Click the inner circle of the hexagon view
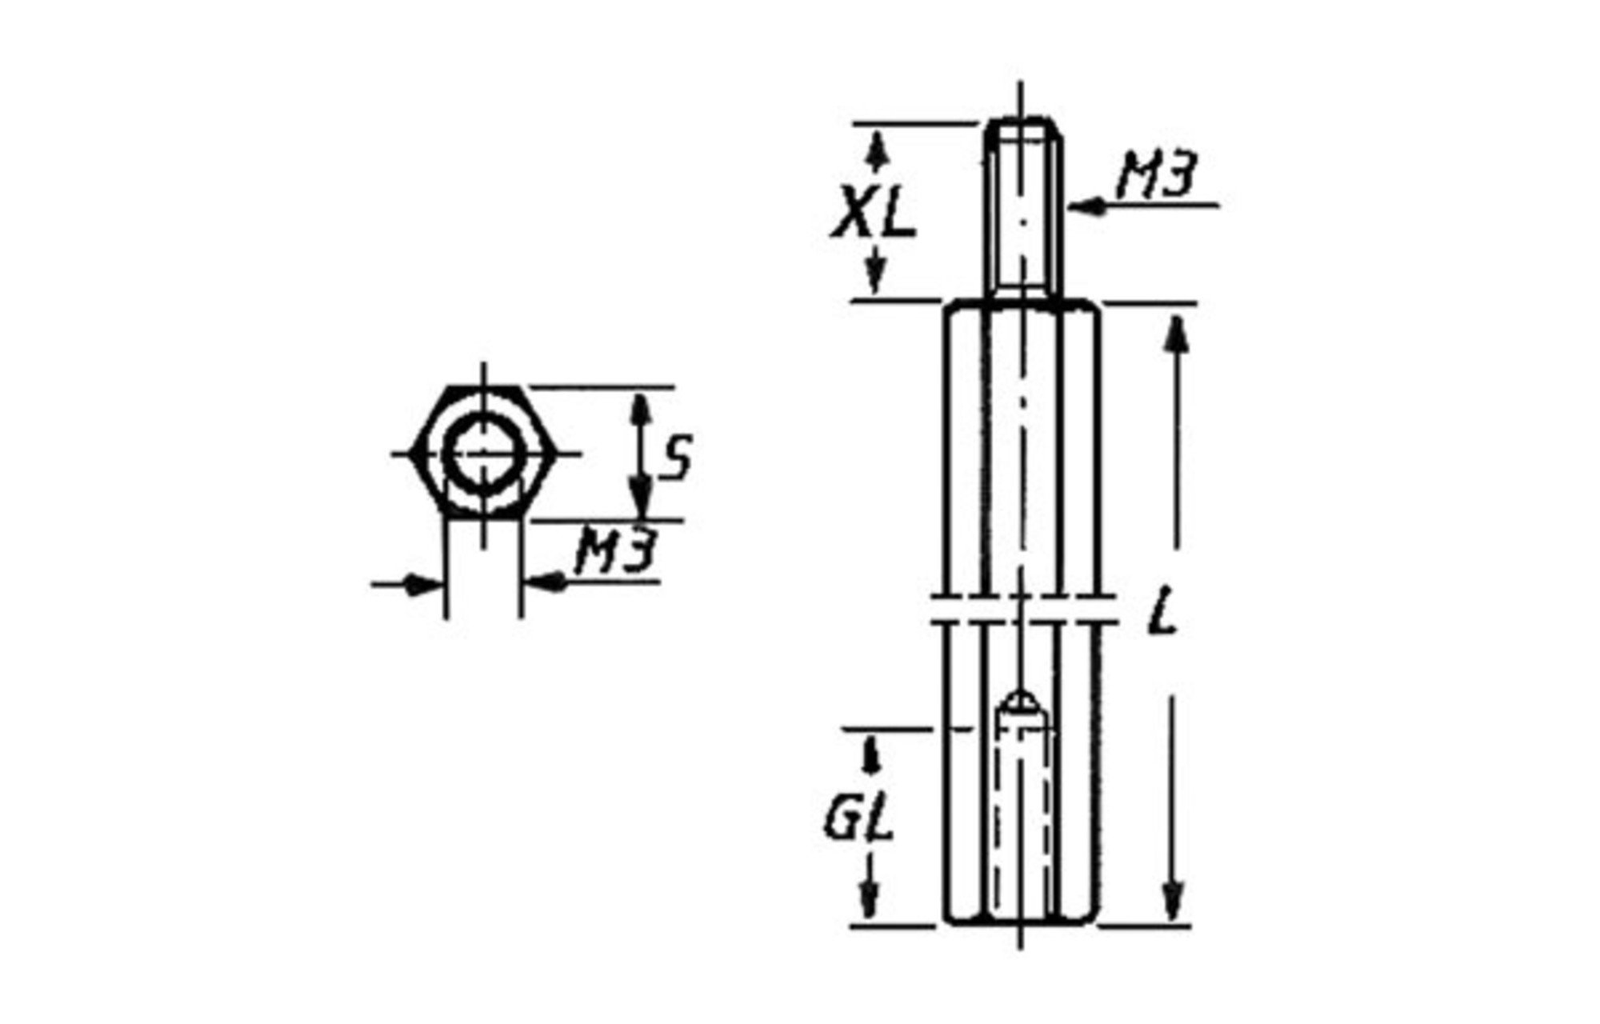point(482,454)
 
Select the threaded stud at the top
point(1023,210)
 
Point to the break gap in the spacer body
point(1022,608)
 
